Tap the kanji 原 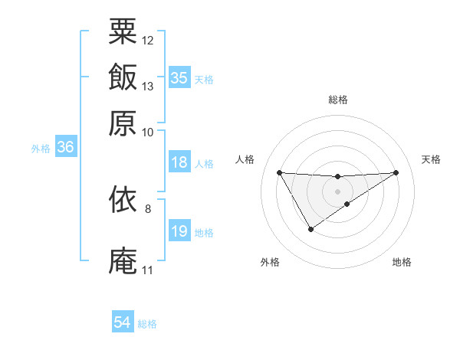123,123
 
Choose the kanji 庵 123,260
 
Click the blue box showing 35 179,77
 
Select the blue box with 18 179,162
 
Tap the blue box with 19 179,231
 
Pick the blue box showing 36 65,148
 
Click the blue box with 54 122,323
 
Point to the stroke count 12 148,40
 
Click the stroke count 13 148,86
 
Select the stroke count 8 148,208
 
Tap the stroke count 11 147,270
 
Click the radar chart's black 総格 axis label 338,100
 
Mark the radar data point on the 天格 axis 396,172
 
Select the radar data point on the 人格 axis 279,172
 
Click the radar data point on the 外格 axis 310,229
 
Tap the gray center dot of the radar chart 338,191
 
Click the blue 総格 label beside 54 147,324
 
